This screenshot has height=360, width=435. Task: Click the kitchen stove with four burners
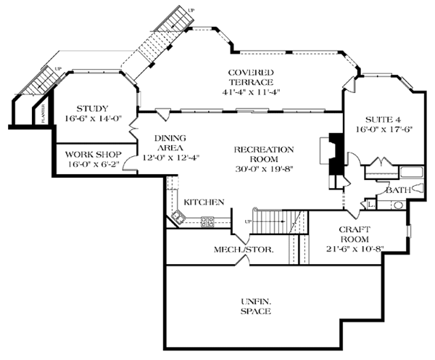pos(207,221)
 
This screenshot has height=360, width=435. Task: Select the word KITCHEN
pos(204,202)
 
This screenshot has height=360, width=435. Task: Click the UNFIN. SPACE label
pos(254,306)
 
